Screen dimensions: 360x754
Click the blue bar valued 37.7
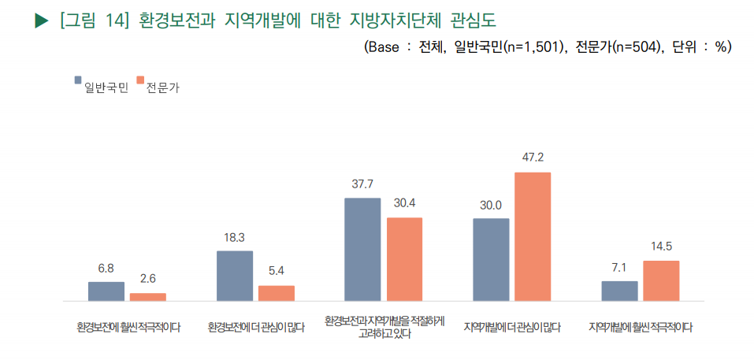pyautogui.click(x=362, y=250)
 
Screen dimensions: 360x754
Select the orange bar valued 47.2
pyautogui.click(x=533, y=236)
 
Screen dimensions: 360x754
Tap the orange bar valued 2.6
pyautogui.click(x=148, y=297)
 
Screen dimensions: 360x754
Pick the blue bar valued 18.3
pyautogui.click(x=235, y=276)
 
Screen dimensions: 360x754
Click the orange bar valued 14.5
pyautogui.click(x=661, y=280)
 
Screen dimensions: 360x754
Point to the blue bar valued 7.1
pyautogui.click(x=619, y=291)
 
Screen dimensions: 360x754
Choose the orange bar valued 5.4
pyautogui.click(x=277, y=293)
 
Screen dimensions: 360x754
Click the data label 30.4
pyautogui.click(x=404, y=202)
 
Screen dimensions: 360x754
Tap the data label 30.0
pyautogui.click(x=491, y=205)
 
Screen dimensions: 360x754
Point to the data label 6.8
pyautogui.click(x=106, y=268)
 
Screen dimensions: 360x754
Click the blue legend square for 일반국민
pyautogui.click(x=78, y=80)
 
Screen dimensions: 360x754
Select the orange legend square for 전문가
pyautogui.click(x=140, y=80)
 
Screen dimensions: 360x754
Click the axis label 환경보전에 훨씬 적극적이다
pyautogui.click(x=128, y=327)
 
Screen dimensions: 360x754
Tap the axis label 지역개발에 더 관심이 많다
pyautogui.click(x=512, y=327)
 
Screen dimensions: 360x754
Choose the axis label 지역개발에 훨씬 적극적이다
pyautogui.click(x=640, y=327)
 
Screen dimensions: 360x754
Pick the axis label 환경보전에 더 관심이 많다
pyautogui.click(x=256, y=327)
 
